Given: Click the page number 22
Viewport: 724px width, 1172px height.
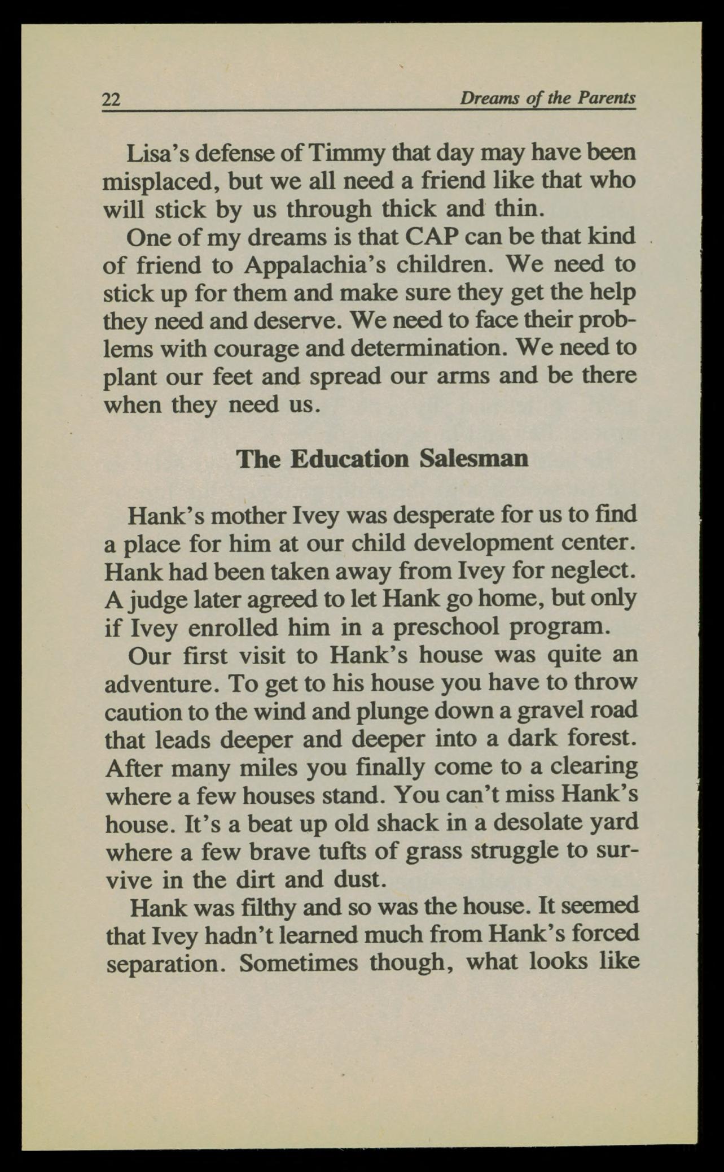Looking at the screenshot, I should [111, 99].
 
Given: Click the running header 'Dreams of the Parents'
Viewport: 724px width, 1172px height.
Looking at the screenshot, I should [547, 98].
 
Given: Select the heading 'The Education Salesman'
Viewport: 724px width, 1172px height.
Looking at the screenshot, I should [382, 459].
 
